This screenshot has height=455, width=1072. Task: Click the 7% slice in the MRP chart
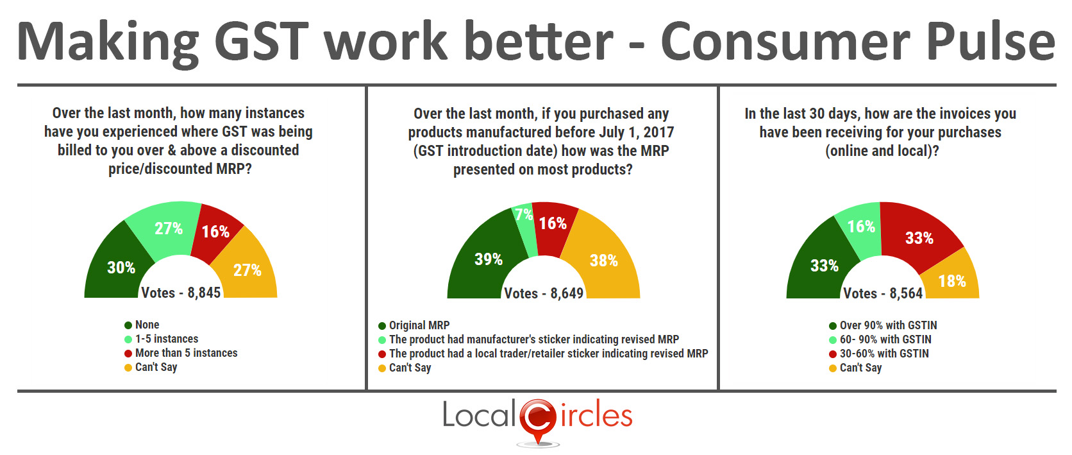pos(524,225)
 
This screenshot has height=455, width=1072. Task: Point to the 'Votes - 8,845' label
pos(181,292)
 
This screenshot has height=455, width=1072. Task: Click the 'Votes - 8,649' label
pos(544,293)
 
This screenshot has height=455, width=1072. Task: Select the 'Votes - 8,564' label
pos(883,293)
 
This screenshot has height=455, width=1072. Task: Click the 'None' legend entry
pos(142,325)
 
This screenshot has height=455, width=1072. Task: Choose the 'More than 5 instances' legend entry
pos(181,353)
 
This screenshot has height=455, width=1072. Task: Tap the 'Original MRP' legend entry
pos(414,325)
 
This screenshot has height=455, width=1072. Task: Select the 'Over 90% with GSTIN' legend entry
pos(883,325)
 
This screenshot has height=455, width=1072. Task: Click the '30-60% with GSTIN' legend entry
pos(878,354)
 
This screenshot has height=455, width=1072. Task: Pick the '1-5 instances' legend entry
pos(162,339)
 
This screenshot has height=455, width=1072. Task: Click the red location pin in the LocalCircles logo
pos(538,422)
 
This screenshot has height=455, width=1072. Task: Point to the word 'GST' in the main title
pos(262,42)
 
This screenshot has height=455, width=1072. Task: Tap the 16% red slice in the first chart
pos(216,232)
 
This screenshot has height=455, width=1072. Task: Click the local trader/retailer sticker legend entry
pos(543,354)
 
